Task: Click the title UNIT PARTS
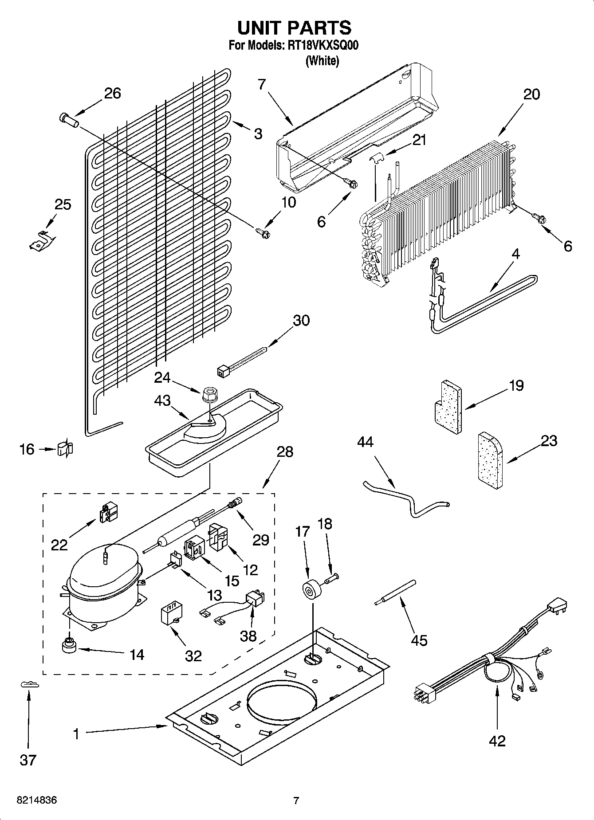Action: coord(294,27)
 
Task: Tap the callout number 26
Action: coord(112,94)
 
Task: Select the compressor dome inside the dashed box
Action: coord(102,572)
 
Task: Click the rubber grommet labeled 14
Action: coord(69,646)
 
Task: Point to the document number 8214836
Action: coord(37,800)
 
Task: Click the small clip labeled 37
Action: coord(29,685)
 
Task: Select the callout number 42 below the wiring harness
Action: coord(497,741)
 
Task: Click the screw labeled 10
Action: coord(262,231)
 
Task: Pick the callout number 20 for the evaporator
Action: coord(531,94)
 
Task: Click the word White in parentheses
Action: coord(322,61)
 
